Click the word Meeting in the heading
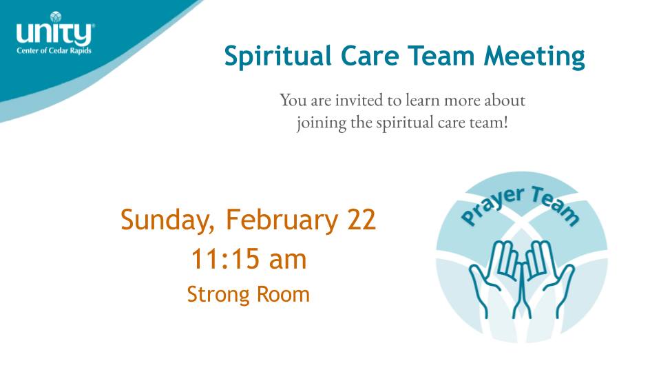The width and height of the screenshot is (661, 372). point(534,56)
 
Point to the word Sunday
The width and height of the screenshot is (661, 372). point(168,220)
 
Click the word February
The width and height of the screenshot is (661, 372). point(282,220)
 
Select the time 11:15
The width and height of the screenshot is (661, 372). point(225,258)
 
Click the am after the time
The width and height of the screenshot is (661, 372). point(288,260)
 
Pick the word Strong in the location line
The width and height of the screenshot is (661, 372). point(218,295)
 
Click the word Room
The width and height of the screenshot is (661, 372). point(283,294)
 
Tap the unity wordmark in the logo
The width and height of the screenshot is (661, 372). point(54,34)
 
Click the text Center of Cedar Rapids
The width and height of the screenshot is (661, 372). point(54,50)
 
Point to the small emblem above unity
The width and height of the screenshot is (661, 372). point(56,17)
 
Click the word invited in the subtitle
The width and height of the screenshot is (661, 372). point(359,100)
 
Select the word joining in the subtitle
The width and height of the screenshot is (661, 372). point(322,123)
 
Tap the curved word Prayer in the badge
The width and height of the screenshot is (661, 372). point(492,205)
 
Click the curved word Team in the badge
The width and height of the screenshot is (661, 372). point(556,205)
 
